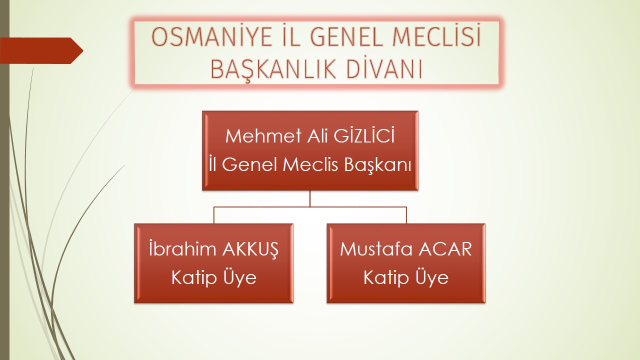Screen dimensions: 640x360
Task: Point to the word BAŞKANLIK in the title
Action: (273, 70)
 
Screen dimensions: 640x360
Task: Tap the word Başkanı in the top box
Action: (377, 165)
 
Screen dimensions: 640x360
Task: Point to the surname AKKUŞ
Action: (250, 249)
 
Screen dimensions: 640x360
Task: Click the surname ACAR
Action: (445, 249)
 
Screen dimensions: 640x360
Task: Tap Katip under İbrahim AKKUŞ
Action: (193, 277)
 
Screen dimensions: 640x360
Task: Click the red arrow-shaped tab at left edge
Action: (41, 50)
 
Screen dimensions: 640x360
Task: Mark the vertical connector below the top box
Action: (310, 198)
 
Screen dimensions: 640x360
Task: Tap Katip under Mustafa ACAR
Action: (386, 277)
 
